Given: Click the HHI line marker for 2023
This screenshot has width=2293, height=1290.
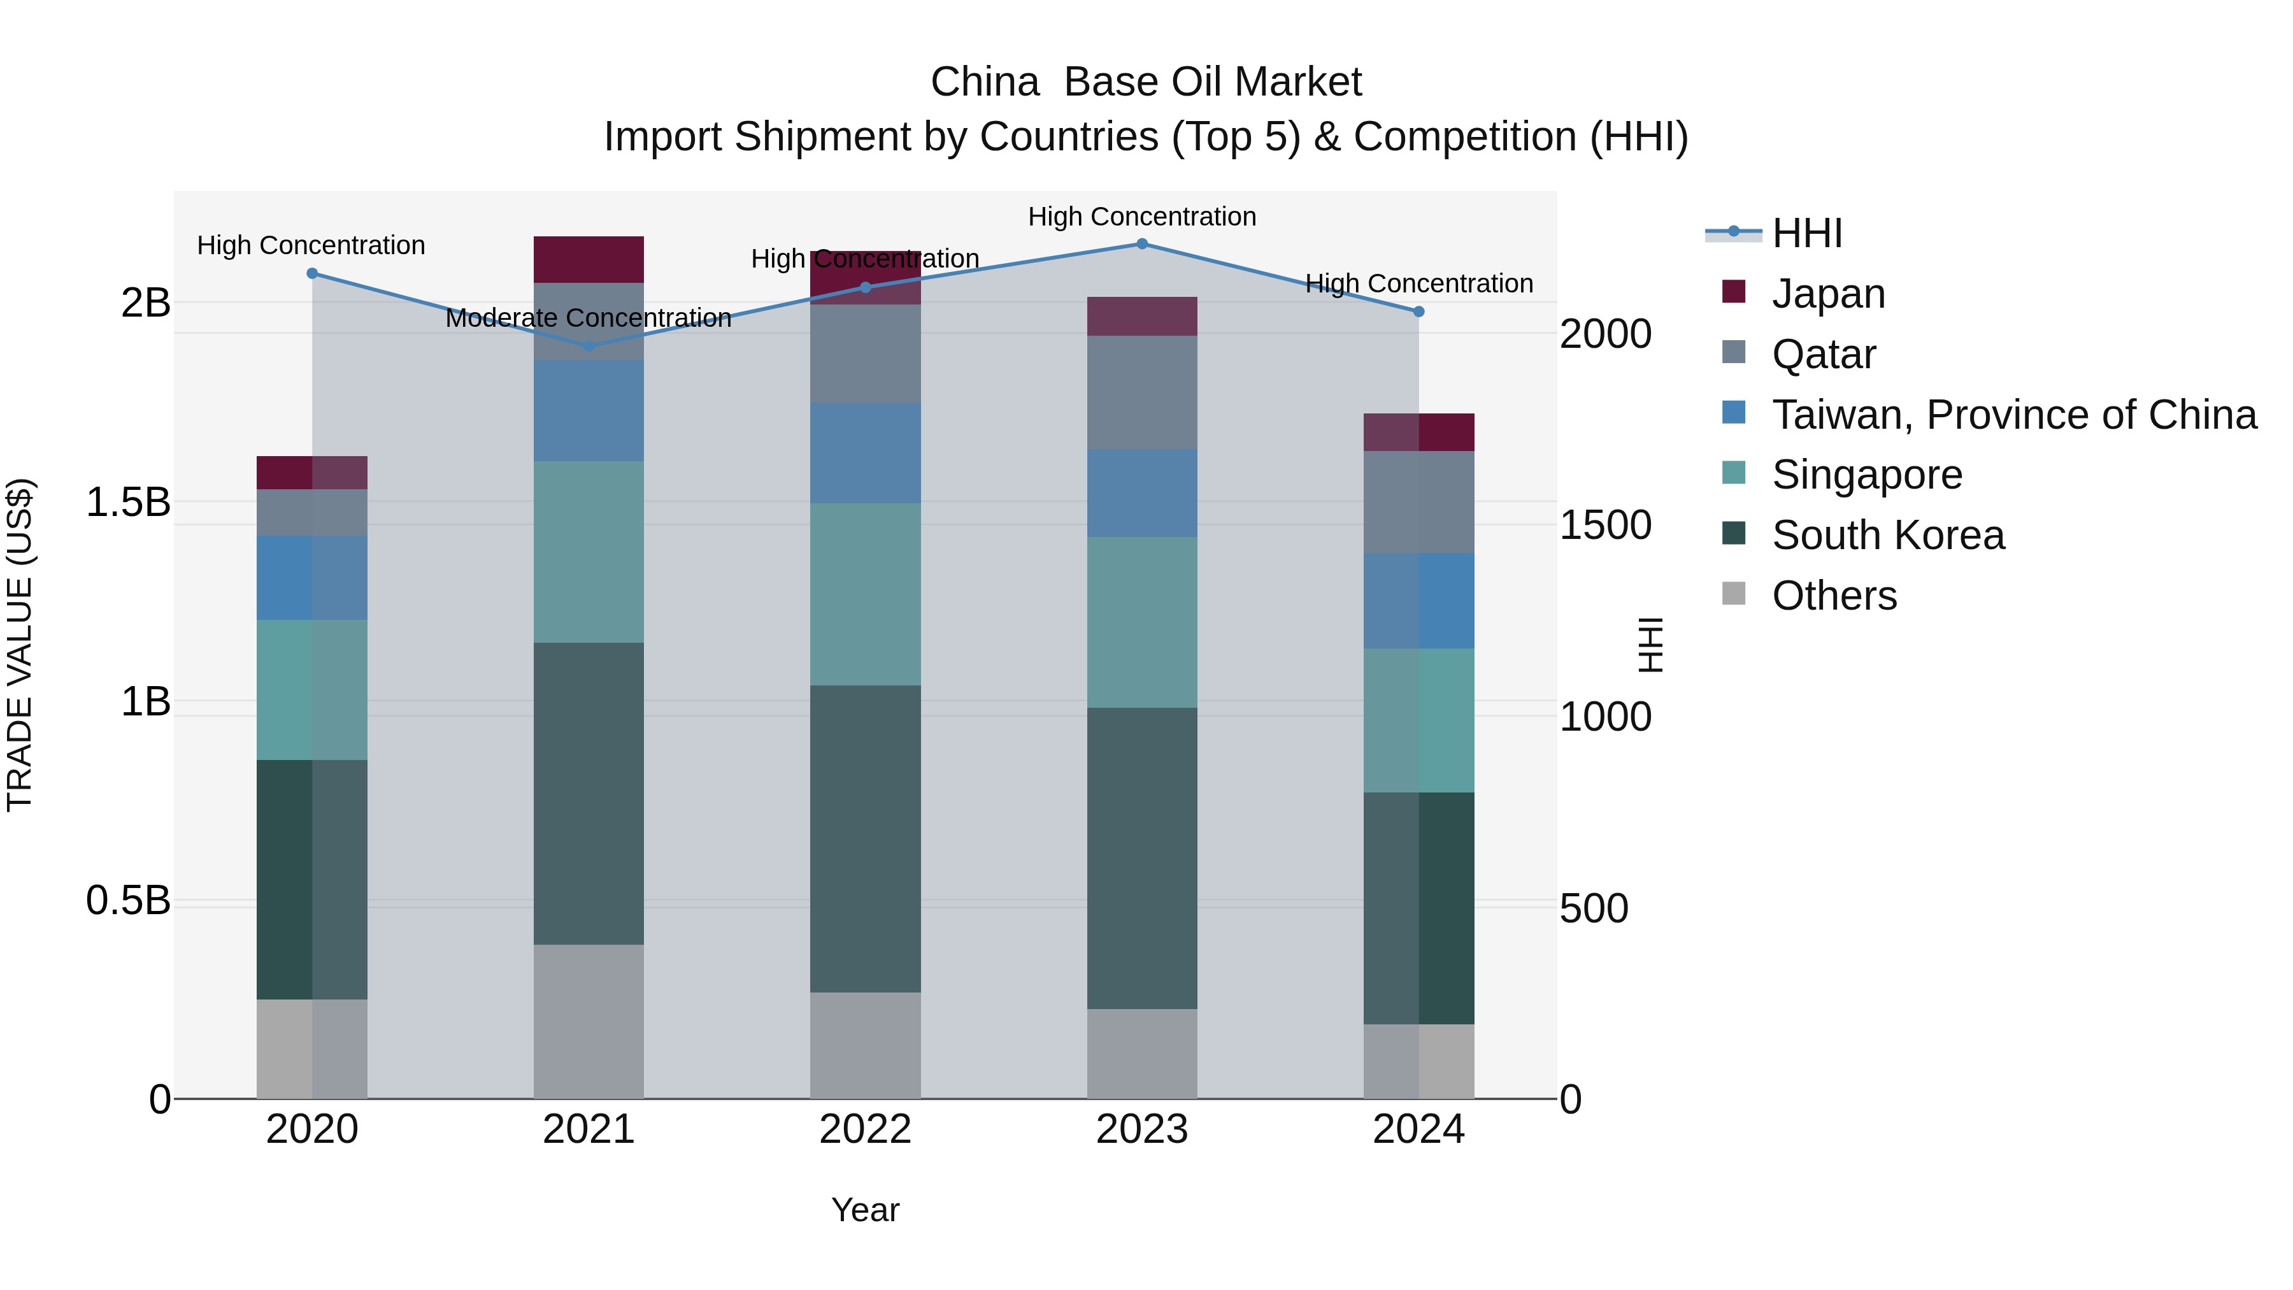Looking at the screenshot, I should (x=1142, y=244).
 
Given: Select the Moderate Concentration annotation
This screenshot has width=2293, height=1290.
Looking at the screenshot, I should (x=589, y=318).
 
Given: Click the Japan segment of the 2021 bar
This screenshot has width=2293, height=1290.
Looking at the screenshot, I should (x=589, y=260).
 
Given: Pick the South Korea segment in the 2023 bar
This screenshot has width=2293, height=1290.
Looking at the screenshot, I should (x=1142, y=858).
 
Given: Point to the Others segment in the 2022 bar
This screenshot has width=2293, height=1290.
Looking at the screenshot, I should (x=865, y=1045).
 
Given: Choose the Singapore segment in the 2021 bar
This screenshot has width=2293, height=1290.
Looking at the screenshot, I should (x=589, y=552).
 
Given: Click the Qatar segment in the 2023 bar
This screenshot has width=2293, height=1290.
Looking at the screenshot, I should (x=1142, y=392).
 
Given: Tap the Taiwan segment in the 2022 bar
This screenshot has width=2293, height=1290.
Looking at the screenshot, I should (x=865, y=453).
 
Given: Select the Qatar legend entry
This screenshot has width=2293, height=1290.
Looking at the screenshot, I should (x=1823, y=354).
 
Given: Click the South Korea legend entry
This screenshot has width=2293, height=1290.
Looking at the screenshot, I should (x=1887, y=535).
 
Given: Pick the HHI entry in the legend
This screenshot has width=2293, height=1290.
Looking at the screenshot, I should (x=1806, y=233).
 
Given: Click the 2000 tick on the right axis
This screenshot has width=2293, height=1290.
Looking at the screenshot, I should (x=1605, y=334).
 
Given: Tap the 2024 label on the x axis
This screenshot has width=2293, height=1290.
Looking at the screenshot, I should (x=1418, y=1129).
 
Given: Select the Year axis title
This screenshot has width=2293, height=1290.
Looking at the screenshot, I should (x=865, y=1210).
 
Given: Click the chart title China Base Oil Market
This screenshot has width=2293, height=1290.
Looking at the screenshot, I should (x=1146, y=82).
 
